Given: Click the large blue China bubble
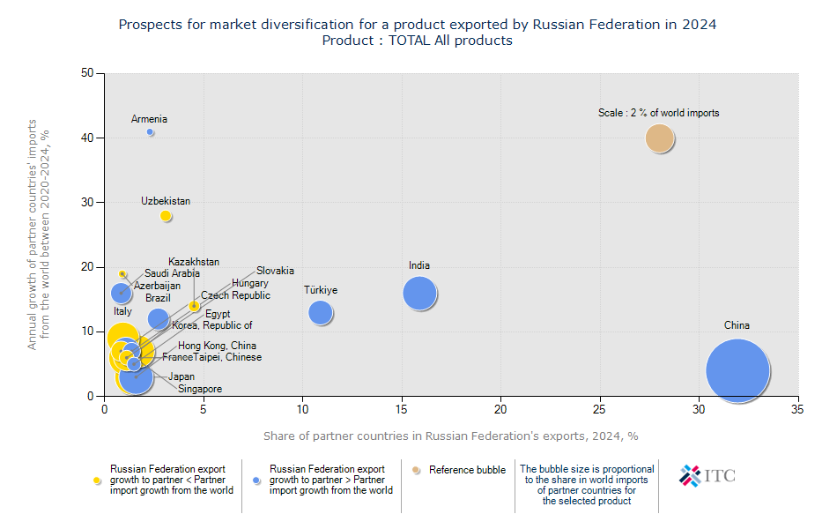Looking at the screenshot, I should (x=738, y=371).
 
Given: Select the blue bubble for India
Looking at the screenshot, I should (x=420, y=294).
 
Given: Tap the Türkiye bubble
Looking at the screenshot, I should (x=321, y=312).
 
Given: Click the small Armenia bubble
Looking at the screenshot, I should (x=151, y=132).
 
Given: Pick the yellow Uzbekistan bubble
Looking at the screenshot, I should (x=166, y=216).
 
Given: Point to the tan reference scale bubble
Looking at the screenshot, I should (x=660, y=138).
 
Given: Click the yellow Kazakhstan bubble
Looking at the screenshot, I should (x=195, y=306).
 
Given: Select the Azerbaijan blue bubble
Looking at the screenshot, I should (x=122, y=293).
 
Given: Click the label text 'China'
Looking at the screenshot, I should (x=737, y=325).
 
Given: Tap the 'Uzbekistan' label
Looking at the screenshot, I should (x=166, y=201).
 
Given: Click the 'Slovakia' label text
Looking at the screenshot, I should (x=275, y=271).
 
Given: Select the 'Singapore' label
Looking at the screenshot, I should (x=200, y=389).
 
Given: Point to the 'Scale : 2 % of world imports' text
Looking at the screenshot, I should (x=659, y=113).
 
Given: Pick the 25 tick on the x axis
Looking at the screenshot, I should (x=600, y=410).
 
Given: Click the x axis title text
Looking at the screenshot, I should (x=450, y=436).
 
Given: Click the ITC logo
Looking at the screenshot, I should (x=707, y=476).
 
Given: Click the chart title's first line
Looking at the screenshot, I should (x=418, y=25).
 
